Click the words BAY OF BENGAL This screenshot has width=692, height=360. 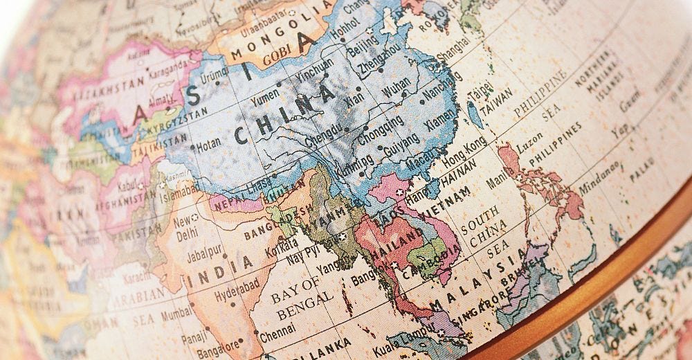[297, 297]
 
